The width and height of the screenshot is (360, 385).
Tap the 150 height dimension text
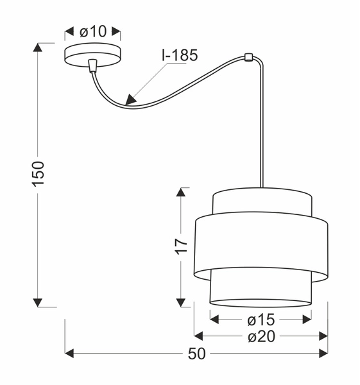click(39, 175)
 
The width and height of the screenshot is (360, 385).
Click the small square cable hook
click(248, 57)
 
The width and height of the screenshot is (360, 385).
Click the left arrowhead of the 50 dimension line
click(69, 354)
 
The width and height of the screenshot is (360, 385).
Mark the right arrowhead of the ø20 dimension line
click(324, 336)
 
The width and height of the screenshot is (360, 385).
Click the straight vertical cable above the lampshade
click(262, 128)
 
